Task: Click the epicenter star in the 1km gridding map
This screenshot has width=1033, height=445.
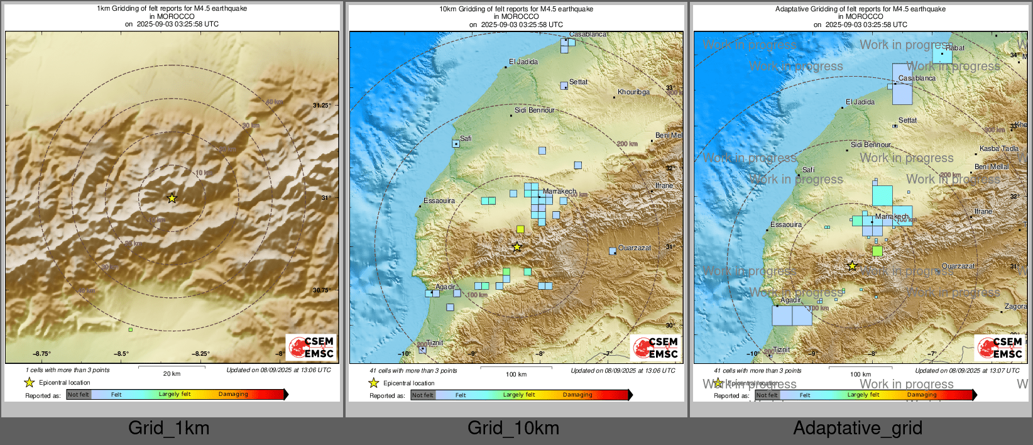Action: [172, 198]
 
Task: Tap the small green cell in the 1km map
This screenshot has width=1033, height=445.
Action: [131, 329]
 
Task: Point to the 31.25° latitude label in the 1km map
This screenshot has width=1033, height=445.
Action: [322, 106]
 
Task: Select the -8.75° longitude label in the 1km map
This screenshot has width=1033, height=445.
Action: [42, 354]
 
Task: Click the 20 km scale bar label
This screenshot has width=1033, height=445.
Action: [172, 374]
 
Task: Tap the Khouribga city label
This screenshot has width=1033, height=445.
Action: [633, 92]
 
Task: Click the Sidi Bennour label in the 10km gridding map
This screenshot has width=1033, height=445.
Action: [535, 110]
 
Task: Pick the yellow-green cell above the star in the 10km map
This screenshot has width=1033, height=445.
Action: [520, 229]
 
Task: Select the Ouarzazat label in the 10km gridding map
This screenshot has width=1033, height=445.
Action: [635, 248]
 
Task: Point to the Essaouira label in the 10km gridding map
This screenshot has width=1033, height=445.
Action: [439, 201]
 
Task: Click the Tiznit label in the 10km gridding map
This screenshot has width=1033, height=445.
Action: [435, 343]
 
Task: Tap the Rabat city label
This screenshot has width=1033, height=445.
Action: [954, 48]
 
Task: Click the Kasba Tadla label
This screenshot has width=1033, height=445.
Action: [999, 149]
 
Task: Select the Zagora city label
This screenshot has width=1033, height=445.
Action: [1015, 307]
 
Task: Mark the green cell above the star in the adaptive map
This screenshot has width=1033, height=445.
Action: [877, 251]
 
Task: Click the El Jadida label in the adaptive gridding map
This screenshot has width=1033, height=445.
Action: [860, 102]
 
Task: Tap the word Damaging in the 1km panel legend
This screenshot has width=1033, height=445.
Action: [233, 394]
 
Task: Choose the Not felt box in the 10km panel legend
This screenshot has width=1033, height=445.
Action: [423, 395]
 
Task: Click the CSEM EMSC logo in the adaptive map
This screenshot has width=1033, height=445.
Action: [1000, 348]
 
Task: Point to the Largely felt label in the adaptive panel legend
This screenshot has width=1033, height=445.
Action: [863, 395]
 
